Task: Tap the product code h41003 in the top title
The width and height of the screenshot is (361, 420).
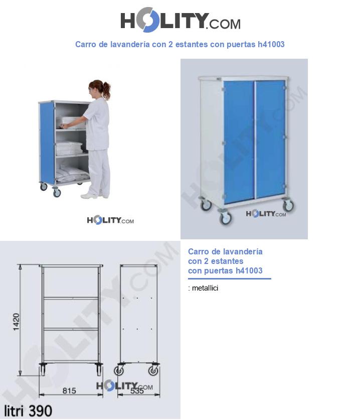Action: (x=271, y=44)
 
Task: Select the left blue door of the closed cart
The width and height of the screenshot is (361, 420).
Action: (x=239, y=142)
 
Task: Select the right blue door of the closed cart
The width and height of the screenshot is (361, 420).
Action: (x=270, y=139)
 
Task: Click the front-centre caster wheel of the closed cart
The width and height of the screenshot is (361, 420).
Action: (x=225, y=218)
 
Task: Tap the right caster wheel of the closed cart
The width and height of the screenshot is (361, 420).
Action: (x=288, y=205)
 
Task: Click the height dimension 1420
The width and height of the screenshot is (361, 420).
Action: (x=17, y=322)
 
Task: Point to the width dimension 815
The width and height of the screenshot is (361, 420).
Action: (x=69, y=390)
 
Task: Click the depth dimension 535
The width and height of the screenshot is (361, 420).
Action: (x=137, y=391)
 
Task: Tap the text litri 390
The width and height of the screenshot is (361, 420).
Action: (x=28, y=411)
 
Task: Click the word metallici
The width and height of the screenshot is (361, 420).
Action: (x=205, y=288)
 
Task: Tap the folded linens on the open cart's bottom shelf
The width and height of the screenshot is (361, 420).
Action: (x=72, y=174)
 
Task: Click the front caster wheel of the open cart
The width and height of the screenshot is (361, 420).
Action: (x=57, y=192)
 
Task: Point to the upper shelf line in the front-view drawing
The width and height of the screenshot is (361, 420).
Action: (x=71, y=298)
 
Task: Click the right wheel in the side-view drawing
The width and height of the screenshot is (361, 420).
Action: (x=153, y=371)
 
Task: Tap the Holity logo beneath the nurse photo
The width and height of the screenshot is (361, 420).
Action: (x=110, y=220)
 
